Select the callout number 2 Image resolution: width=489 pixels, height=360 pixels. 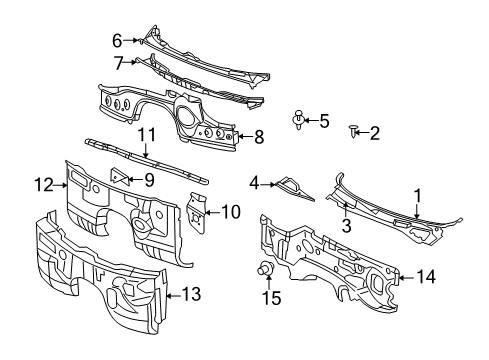coord(375,132)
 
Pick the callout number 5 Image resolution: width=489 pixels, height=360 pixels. coord(324,121)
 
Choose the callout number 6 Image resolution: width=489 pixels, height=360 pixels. coord(116,40)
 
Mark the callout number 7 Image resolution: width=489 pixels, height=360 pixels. coord(118,63)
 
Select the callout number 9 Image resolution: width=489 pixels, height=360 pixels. coord(149,180)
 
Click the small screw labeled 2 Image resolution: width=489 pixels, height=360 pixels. coord(354,130)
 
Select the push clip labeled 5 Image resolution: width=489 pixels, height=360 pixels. coord(300,120)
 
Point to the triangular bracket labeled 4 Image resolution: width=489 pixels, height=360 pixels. coord(291,187)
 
